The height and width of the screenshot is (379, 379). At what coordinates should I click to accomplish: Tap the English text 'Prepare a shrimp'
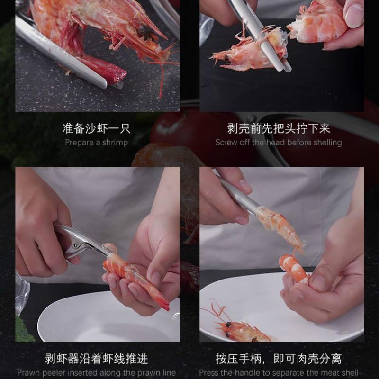[96, 143]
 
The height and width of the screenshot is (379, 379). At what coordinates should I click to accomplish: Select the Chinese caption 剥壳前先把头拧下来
[279, 128]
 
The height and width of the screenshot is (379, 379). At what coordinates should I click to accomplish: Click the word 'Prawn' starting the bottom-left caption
[29, 373]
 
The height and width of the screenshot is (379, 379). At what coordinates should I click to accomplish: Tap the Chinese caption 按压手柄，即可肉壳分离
[279, 359]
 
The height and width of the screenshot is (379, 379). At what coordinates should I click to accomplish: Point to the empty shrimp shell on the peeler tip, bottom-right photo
[282, 226]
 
